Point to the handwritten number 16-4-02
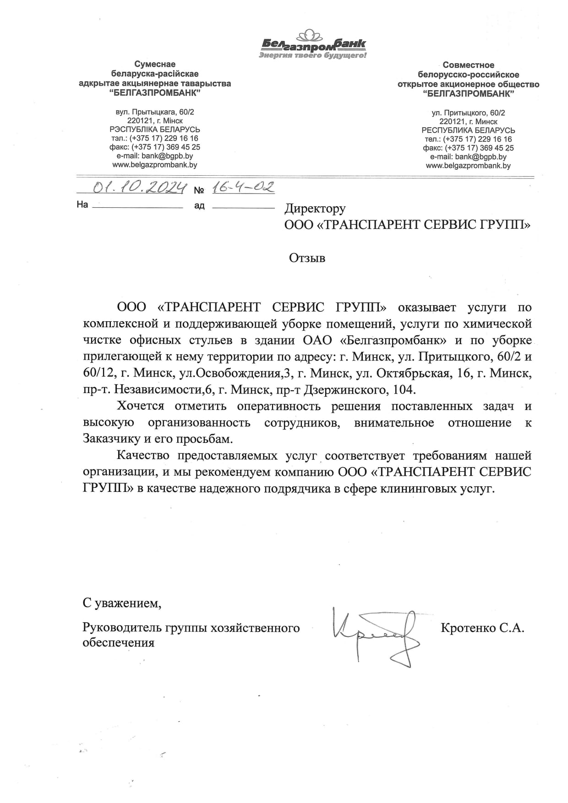pyautogui.click(x=243, y=187)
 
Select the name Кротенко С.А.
pyautogui.click(x=482, y=628)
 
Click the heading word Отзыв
pyautogui.click(x=307, y=258)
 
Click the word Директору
pyautogui.click(x=315, y=209)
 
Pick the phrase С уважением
pyautogui.click(x=122, y=603)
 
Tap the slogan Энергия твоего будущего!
pyautogui.click(x=313, y=55)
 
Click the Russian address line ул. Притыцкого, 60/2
pyautogui.click(x=468, y=113)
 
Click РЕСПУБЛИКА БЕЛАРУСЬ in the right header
pyautogui.click(x=468, y=130)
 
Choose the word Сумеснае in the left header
pyautogui.click(x=155, y=64)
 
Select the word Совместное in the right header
pyautogui.click(x=468, y=65)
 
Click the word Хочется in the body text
pyautogui.click(x=141, y=406)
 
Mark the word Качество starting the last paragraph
pyautogui.click(x=143, y=456)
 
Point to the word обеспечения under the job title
pyautogui.click(x=118, y=642)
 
